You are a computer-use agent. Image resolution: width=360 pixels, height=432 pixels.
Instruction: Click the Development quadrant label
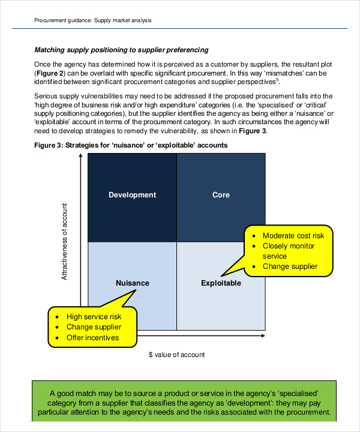point(132,195)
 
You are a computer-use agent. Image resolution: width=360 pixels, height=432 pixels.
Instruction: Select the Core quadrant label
point(221,195)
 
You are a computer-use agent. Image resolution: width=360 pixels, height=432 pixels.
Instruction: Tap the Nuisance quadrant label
point(132,283)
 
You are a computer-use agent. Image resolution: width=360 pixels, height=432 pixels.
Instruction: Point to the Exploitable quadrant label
point(221,283)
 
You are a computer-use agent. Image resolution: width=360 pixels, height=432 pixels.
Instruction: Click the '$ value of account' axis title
point(176,355)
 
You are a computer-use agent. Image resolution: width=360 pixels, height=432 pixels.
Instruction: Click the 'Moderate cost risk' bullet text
point(293,236)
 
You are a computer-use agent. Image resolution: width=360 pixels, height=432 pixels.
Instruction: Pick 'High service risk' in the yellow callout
point(94,316)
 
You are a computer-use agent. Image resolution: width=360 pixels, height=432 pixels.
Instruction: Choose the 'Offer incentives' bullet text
point(92,338)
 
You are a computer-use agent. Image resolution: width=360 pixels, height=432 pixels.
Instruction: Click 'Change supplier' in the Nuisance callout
point(94,327)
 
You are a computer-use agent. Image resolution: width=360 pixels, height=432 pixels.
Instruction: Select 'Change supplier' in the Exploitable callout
point(290,266)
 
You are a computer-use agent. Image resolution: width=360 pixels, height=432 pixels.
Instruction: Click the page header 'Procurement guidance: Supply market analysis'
point(93,20)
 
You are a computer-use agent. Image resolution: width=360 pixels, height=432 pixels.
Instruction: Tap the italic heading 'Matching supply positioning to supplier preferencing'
point(121,50)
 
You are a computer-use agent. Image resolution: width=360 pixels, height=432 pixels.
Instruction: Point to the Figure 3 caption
point(131,145)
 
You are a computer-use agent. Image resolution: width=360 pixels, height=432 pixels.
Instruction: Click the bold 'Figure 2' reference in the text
point(49,73)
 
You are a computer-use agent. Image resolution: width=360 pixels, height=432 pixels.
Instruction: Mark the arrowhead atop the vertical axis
point(80,157)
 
